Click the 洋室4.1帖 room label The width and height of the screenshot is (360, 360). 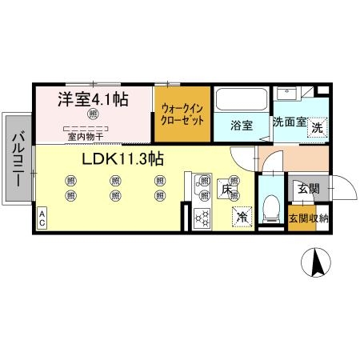(90, 102)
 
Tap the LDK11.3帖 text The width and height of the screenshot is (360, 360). (122, 158)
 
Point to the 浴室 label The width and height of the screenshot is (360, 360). (241, 125)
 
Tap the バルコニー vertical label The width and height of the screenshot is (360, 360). (17, 159)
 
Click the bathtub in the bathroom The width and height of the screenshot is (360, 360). (242, 102)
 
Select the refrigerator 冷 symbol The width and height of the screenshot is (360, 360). (240, 214)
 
